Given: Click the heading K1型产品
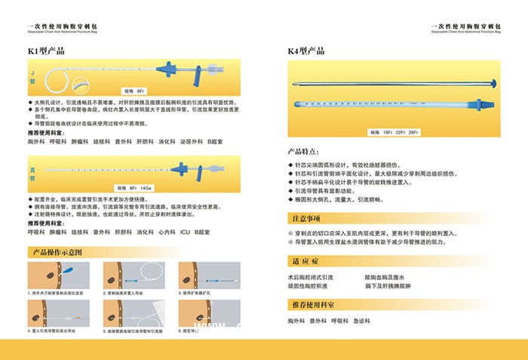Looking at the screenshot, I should pyautogui.click(x=46, y=51).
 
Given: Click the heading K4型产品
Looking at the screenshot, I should pyautogui.click(x=306, y=51).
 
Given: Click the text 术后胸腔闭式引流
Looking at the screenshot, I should pyautogui.click(x=313, y=278).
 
